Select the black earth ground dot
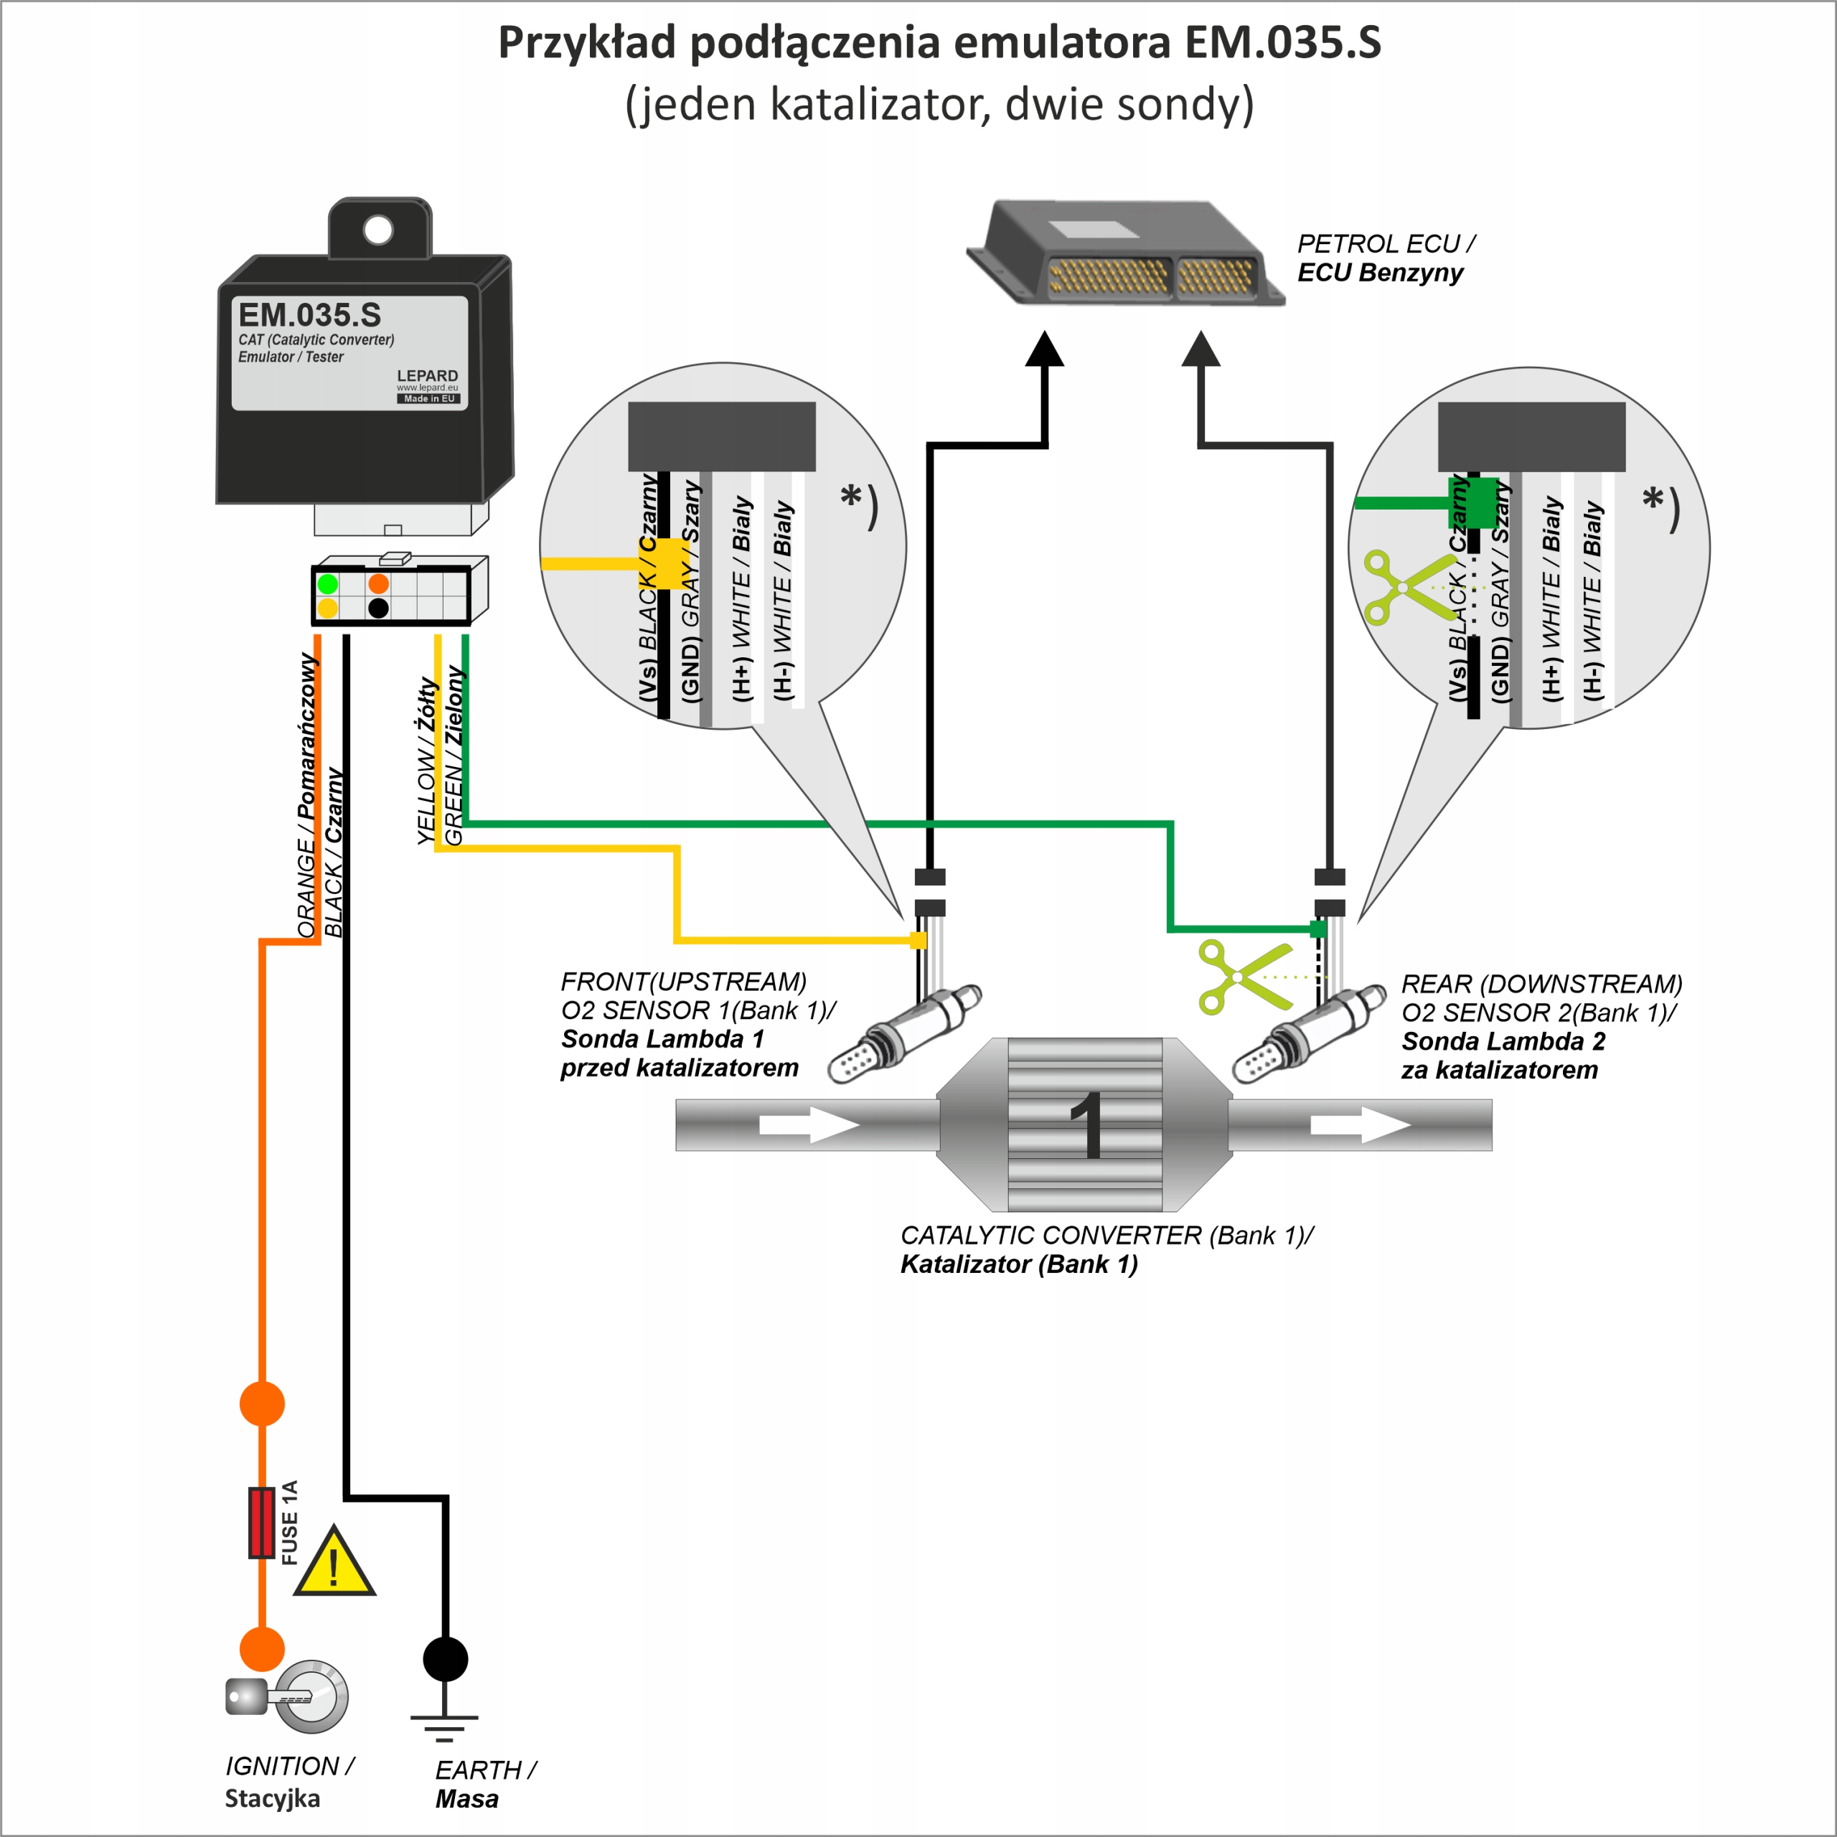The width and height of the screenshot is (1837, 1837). click(445, 1659)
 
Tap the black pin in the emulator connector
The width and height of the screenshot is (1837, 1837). click(378, 609)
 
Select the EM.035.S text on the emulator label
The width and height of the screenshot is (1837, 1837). click(310, 315)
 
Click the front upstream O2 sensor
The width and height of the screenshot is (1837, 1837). click(903, 1035)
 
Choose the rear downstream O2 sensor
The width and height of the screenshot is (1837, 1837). click(1308, 1035)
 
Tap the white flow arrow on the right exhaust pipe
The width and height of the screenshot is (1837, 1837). click(1361, 1125)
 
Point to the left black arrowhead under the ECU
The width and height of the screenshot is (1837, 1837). click(1044, 350)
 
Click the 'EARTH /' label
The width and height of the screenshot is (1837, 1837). click(486, 1770)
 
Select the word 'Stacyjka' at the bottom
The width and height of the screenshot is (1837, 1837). click(272, 1798)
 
